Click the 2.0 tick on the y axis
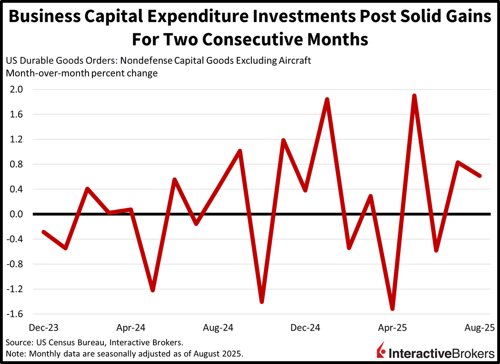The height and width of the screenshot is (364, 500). [x=14, y=90]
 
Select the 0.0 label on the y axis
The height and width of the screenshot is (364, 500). [x=14, y=214]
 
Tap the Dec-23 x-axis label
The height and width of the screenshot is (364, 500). [x=44, y=328]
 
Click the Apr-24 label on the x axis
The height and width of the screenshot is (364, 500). [x=131, y=328]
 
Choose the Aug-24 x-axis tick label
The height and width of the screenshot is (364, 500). [x=218, y=328]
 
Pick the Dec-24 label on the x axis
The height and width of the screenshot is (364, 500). [x=305, y=328]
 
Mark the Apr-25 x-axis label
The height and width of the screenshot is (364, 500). [x=392, y=328]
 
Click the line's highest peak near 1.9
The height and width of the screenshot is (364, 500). [x=414, y=96]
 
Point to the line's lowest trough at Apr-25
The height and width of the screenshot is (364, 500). [x=392, y=309]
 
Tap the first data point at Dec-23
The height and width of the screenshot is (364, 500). [x=44, y=232]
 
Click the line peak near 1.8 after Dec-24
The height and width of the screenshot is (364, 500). [x=327, y=100]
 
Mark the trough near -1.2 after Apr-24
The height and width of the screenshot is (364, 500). [x=152, y=290]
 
